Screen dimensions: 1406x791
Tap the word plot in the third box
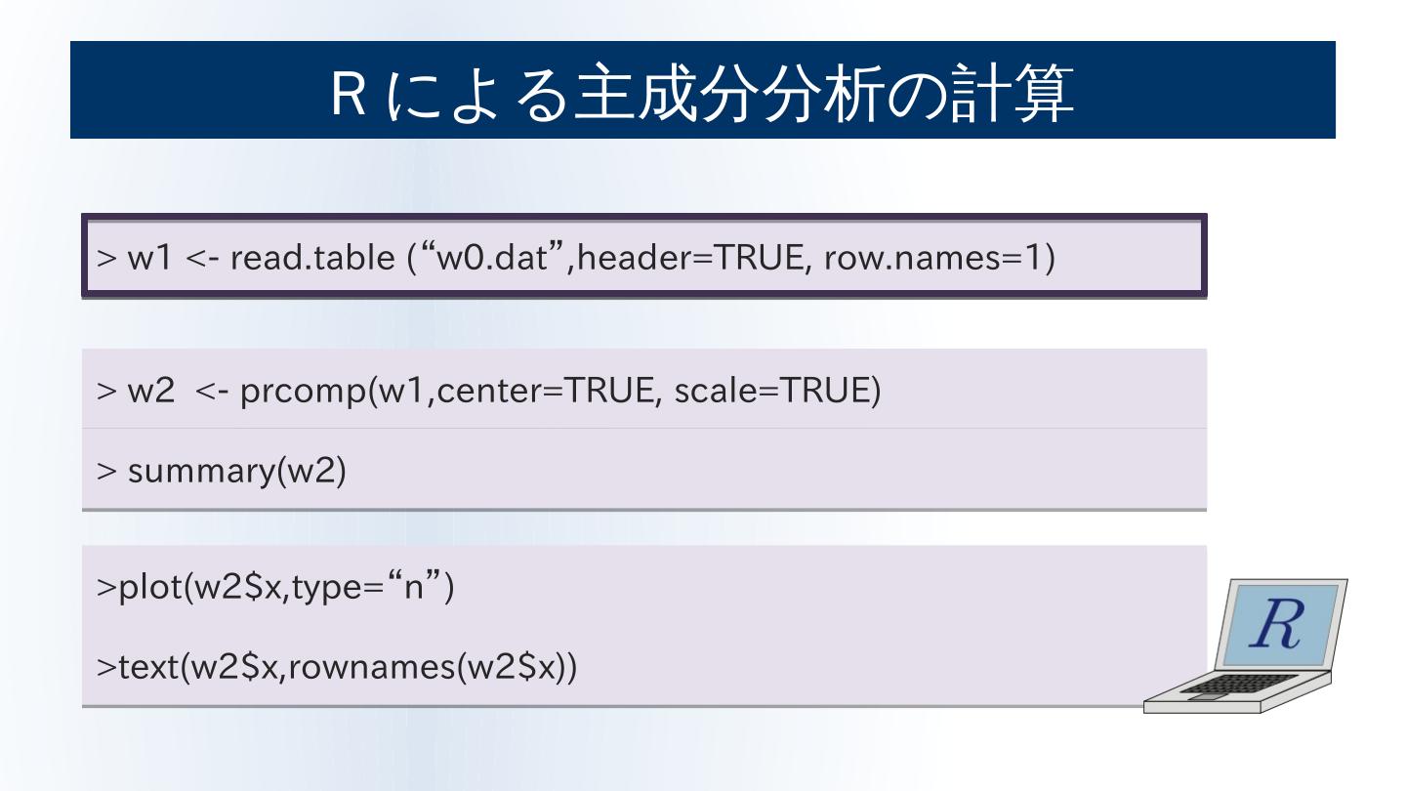pos(145,590)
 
